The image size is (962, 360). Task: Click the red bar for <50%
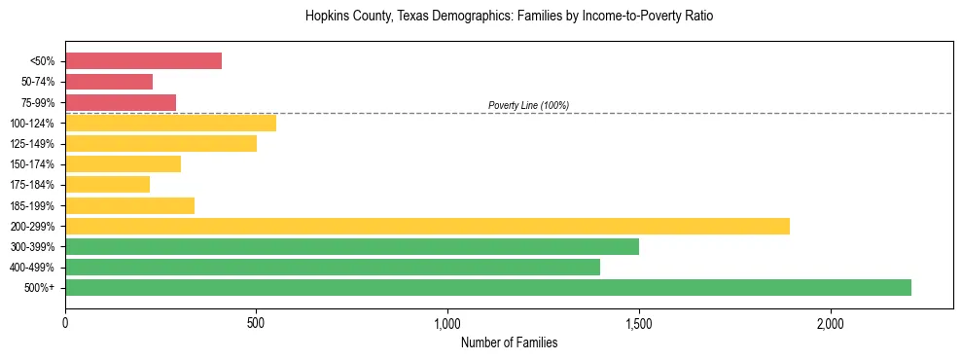pos(143,61)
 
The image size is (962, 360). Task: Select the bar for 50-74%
pos(109,82)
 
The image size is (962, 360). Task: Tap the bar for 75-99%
pos(121,102)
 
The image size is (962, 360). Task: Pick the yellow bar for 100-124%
pos(170,123)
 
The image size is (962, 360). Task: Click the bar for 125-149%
pos(160,143)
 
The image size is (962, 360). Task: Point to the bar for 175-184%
pos(107,184)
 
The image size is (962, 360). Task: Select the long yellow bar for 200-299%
pos(427,226)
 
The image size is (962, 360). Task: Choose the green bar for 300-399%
pos(352,246)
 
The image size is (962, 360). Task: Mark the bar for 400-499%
pos(333,267)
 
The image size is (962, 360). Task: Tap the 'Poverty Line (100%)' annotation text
pos(528,105)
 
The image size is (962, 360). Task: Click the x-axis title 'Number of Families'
pos(509,342)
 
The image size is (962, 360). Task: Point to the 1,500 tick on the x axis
pos(639,322)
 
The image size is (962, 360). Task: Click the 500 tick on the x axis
pos(256,322)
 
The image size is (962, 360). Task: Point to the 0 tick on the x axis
pos(65,322)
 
